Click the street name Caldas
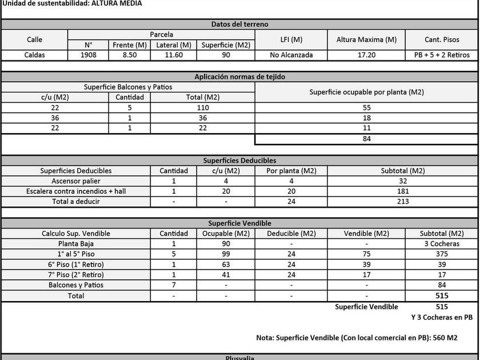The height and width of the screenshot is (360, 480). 34,55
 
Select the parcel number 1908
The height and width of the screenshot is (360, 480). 88,55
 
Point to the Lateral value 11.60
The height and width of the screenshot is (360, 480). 174,55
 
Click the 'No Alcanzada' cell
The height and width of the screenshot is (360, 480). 291,55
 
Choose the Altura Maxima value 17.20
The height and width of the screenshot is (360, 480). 366,55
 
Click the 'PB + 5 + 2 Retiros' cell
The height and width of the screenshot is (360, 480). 442,55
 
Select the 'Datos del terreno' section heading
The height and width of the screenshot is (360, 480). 239,24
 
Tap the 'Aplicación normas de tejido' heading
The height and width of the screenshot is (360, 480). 239,77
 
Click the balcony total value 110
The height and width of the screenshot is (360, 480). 202,107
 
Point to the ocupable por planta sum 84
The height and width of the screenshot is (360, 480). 366,139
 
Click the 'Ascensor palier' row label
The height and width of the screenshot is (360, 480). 76,181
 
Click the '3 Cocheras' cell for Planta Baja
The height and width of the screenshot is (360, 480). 442,243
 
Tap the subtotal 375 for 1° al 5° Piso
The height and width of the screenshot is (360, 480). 442,254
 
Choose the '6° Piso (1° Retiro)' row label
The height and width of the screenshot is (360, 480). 76,264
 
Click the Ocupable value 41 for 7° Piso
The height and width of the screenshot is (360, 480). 226,274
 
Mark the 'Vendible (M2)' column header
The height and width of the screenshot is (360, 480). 366,233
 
